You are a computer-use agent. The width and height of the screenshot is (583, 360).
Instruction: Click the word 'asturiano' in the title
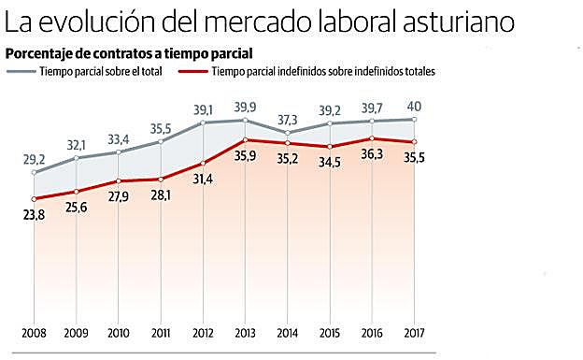[484, 21]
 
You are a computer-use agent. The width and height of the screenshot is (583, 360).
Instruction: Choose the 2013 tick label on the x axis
[245, 334]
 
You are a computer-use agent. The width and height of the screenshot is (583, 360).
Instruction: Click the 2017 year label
[414, 334]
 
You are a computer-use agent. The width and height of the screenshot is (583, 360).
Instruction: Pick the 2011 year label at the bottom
[161, 334]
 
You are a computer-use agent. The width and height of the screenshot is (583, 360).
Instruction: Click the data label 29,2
[34, 160]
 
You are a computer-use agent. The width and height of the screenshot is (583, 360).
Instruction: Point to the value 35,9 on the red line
[245, 155]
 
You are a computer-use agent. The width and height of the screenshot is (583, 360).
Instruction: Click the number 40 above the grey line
[414, 106]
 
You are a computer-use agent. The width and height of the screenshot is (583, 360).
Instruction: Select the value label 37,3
[287, 120]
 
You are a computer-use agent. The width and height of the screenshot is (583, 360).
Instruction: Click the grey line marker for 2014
[287, 133]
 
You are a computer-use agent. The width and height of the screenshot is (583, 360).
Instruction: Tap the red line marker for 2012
[203, 163]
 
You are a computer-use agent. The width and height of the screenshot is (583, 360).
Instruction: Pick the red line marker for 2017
[414, 142]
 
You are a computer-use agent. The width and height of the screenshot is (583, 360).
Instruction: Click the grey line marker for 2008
[34, 173]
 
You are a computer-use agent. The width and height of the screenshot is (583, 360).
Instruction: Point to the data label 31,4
[203, 178]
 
